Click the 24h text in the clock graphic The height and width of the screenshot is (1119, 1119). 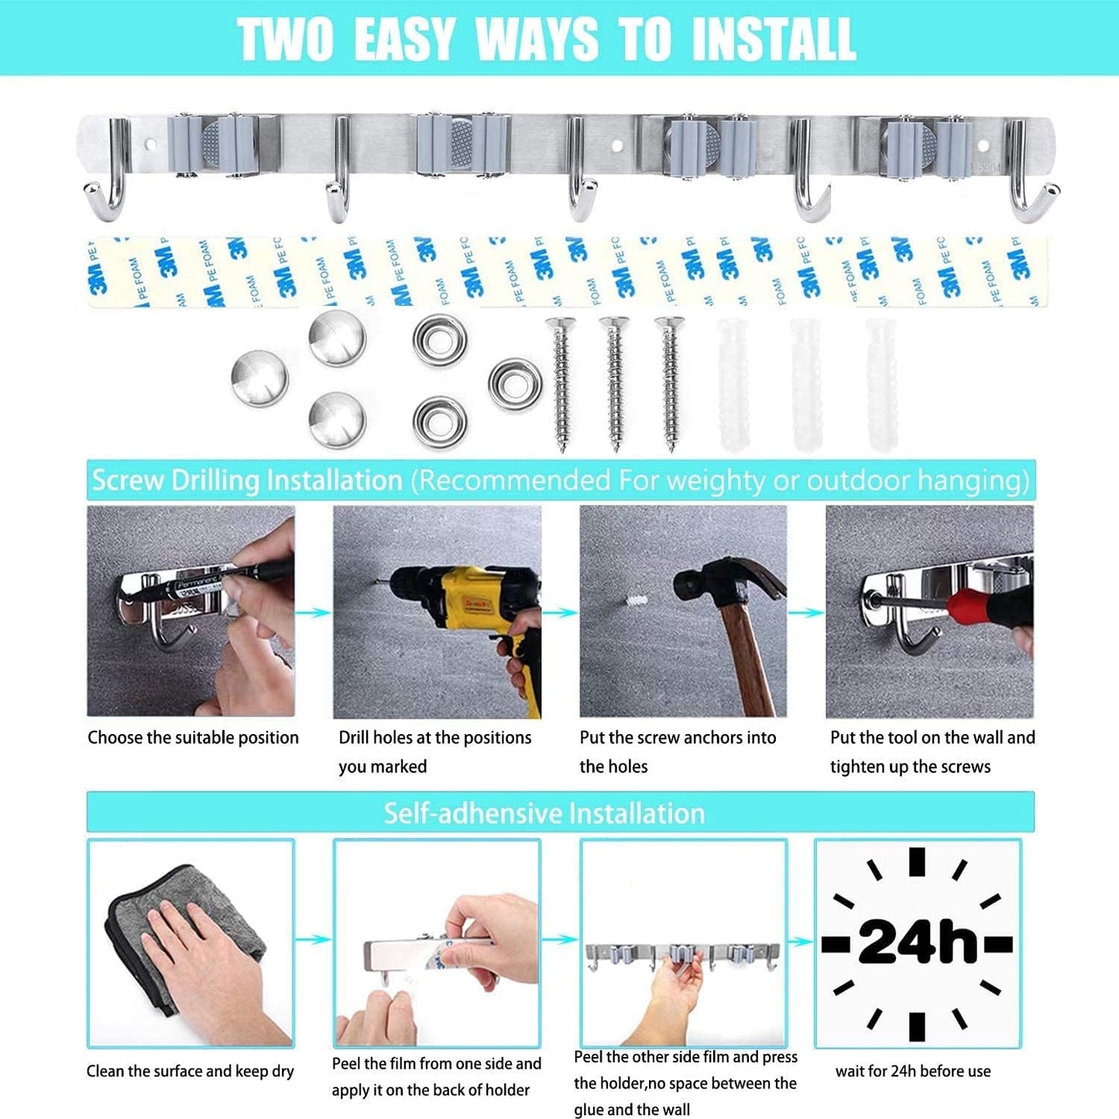918,942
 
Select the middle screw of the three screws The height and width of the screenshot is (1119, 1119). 614,383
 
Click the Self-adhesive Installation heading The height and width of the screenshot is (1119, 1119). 544,813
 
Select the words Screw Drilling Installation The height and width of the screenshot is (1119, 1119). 247,481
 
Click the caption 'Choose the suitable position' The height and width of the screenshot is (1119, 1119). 193,738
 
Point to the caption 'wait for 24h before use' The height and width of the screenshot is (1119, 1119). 913,1072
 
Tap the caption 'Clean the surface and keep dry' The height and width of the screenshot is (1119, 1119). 190,1072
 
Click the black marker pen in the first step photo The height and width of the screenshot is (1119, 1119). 232,579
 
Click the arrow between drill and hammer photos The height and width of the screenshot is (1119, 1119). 560,613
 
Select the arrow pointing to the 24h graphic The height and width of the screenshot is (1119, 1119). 801,942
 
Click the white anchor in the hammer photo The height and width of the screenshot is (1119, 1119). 634,602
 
